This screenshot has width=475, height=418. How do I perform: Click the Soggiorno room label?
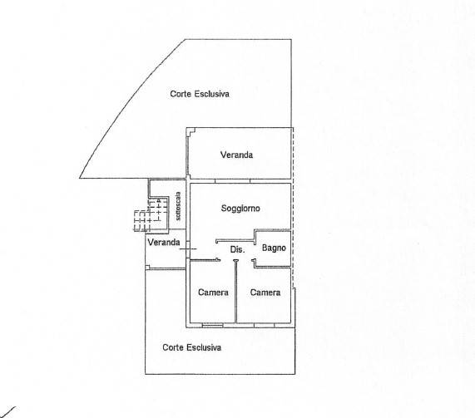[240, 209]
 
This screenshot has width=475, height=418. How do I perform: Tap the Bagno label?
[274, 248]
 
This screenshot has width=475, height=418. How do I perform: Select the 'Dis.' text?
[237, 249]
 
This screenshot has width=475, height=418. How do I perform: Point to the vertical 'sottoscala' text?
[178, 206]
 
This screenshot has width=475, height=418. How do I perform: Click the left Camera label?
[213, 293]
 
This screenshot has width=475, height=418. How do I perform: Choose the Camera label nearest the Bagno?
[265, 293]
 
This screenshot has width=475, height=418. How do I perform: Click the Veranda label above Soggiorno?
[236, 155]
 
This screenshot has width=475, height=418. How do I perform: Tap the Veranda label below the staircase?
[164, 242]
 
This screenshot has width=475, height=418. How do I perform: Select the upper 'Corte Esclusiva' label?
[200, 94]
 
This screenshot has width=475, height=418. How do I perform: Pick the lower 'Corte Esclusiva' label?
[192, 347]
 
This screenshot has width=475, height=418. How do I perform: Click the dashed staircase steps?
[151, 214]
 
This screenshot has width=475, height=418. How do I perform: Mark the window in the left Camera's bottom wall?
[212, 326]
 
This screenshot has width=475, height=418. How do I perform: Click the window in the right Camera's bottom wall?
[265, 326]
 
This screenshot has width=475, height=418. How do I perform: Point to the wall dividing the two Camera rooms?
[236, 291]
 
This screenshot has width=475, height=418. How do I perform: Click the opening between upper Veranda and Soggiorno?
[232, 181]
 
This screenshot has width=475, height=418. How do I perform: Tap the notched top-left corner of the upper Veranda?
[190, 130]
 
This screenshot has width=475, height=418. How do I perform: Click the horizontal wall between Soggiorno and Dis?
[235, 241]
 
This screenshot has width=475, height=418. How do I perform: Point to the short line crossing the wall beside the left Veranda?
[188, 248]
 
